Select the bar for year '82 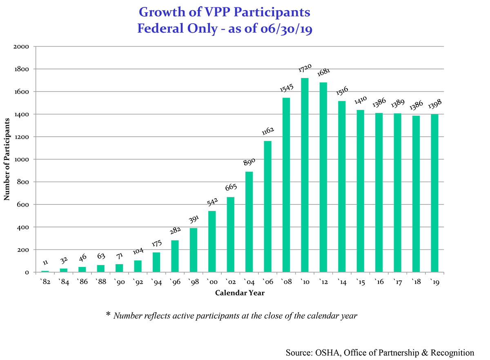tap(45, 271)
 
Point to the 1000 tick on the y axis tap(20, 159)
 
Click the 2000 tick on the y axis tap(20, 47)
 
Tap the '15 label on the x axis tap(360, 282)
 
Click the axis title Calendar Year tap(240, 293)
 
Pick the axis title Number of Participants tap(7, 159)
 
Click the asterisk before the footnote tap(108, 315)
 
